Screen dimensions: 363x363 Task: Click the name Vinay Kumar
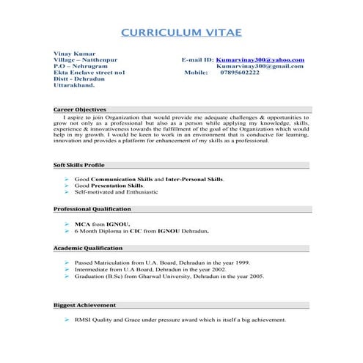73,53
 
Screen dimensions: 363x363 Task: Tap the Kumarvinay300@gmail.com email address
260,66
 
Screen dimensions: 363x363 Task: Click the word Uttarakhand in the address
74,86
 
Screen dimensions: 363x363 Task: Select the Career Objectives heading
81,109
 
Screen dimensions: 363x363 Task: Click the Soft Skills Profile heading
79,165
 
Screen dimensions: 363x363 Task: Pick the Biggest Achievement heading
84,304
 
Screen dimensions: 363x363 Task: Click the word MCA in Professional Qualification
81,223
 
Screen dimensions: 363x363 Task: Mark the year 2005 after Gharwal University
256,276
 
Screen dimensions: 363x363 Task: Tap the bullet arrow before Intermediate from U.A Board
67,269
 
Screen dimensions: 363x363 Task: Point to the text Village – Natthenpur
85,59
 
